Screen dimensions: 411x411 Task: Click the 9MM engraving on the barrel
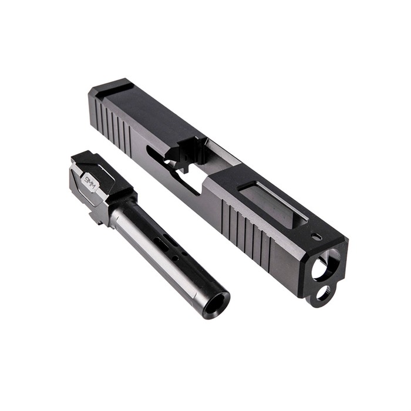pyautogui.click(x=90, y=181)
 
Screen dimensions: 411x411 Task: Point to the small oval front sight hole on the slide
pyautogui.click(x=316, y=236)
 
